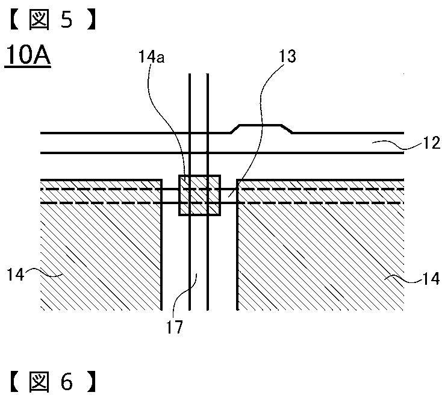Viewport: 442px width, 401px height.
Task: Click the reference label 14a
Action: click(151, 57)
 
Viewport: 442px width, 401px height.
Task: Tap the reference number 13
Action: click(287, 57)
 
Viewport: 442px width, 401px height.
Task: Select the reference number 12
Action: click(431, 143)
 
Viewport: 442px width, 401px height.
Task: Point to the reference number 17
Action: click(175, 326)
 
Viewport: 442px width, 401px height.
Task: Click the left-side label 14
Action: click(15, 274)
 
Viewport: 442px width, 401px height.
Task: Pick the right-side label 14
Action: click(431, 279)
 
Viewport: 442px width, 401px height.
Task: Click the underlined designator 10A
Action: click(28, 55)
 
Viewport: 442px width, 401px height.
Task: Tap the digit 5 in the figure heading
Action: click(67, 20)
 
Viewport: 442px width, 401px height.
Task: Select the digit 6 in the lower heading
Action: click(67, 382)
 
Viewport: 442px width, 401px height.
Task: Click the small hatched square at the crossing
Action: click(199, 195)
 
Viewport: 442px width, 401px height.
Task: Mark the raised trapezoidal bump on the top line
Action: click(261, 128)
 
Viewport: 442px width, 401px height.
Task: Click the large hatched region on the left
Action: click(101, 244)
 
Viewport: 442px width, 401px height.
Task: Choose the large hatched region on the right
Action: click(320, 244)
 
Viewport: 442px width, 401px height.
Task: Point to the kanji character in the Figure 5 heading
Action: click(40, 20)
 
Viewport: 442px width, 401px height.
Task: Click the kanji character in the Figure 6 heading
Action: click(40, 382)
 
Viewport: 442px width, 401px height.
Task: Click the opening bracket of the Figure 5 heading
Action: click(14, 20)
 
